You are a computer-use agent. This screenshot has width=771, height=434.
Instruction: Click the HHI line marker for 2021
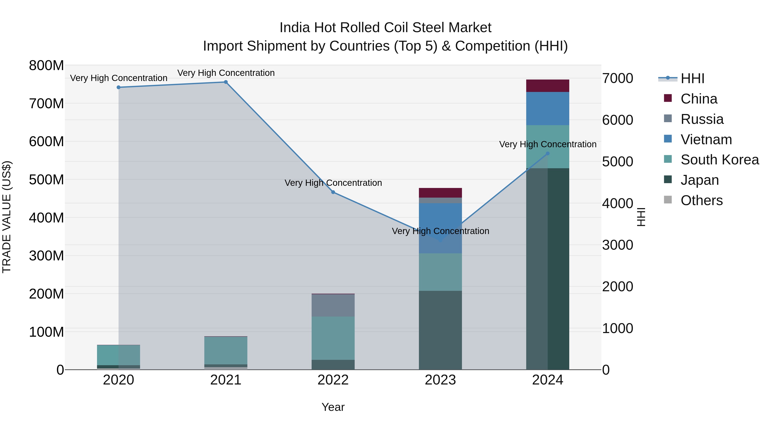click(226, 82)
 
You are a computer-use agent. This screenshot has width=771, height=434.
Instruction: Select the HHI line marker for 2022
click(333, 192)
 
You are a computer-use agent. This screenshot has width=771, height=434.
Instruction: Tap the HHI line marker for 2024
click(548, 153)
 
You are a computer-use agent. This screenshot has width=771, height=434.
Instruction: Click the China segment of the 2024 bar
click(548, 86)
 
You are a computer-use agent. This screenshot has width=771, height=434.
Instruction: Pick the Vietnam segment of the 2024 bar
click(548, 108)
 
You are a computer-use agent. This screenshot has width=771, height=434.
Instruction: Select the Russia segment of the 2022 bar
click(333, 305)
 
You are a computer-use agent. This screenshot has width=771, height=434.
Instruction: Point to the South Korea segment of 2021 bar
click(226, 350)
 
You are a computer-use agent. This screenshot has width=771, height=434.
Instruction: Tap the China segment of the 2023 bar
click(440, 193)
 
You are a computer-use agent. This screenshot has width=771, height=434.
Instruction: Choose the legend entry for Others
click(701, 200)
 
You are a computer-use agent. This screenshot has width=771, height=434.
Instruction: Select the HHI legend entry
click(692, 78)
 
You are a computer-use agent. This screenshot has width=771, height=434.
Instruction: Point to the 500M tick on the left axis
click(46, 180)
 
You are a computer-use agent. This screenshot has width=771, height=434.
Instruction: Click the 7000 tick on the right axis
click(617, 78)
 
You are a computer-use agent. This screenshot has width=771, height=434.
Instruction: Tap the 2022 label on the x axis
click(333, 380)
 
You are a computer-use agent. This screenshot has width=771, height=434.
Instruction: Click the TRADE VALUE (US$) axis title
click(7, 217)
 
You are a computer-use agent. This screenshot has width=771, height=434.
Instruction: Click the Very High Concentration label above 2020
click(118, 78)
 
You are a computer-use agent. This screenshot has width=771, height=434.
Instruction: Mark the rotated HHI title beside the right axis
click(641, 217)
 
